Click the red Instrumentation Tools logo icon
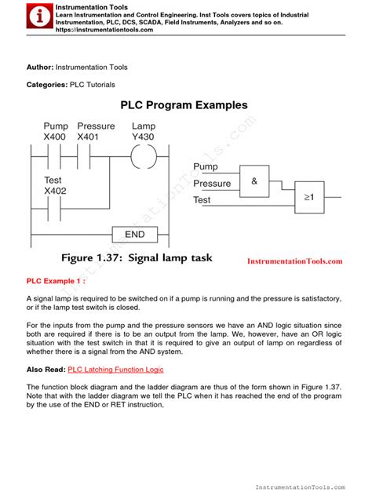(39, 16)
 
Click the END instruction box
(135, 235)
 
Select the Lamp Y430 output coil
(144, 156)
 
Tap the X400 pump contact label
(55, 137)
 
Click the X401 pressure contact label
(88, 137)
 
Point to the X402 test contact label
(56, 191)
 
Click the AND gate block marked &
(254, 181)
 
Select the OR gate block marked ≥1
(309, 198)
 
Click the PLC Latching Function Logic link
(115, 370)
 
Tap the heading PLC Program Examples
(184, 105)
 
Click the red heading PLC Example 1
(56, 281)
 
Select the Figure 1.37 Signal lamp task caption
(137, 257)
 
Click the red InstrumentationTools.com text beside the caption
(295, 261)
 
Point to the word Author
(40, 67)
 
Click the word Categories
(47, 85)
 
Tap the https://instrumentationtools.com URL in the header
(104, 30)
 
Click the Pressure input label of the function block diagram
(212, 184)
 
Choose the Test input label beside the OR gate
(202, 200)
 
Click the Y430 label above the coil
(143, 137)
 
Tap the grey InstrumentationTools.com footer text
(301, 487)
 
